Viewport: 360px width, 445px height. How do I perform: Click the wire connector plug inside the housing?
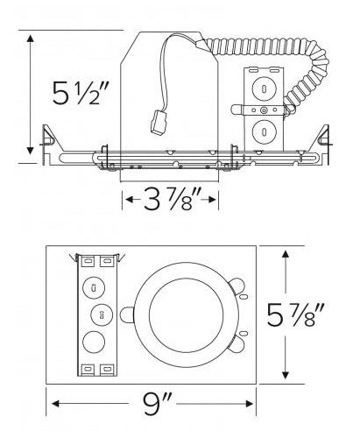click(x=157, y=122)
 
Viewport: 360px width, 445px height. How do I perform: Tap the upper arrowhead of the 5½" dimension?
click(x=30, y=39)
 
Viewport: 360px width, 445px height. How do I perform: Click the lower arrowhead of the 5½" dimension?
click(x=30, y=151)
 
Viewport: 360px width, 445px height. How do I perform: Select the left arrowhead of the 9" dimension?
click(x=56, y=404)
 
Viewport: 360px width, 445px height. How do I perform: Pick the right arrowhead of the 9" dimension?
click(x=249, y=404)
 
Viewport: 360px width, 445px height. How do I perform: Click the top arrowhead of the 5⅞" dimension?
click(x=286, y=255)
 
